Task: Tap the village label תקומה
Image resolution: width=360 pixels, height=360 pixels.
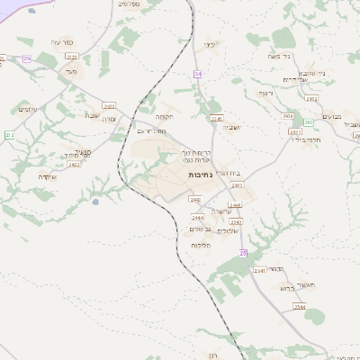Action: tap(164, 117)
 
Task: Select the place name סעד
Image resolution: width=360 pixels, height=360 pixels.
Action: tap(72, 70)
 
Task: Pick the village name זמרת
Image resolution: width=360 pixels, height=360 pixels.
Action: tap(110, 119)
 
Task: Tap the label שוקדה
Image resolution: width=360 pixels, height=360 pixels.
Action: tap(48, 175)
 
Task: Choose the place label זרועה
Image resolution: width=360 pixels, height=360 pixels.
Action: tap(265, 93)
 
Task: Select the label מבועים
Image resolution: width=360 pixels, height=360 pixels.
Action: tap(330, 116)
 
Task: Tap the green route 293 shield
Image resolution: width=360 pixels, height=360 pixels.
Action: tap(309, 121)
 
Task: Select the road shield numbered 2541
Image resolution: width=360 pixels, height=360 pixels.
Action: tap(215, 118)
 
